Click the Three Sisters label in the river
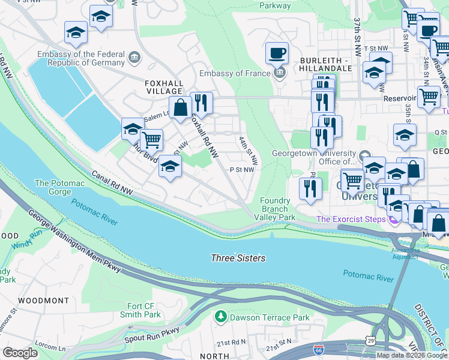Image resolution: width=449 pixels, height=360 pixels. click(238, 258)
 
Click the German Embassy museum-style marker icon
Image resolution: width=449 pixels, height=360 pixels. click(134, 58)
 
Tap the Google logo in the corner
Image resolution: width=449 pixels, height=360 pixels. click(20, 352)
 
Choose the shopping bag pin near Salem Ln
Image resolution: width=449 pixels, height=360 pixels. click(179, 108)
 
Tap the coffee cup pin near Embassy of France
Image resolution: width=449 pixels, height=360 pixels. click(277, 53)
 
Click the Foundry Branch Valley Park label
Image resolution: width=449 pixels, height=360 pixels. click(278, 209)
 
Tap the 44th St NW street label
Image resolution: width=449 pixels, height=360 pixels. click(248, 150)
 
